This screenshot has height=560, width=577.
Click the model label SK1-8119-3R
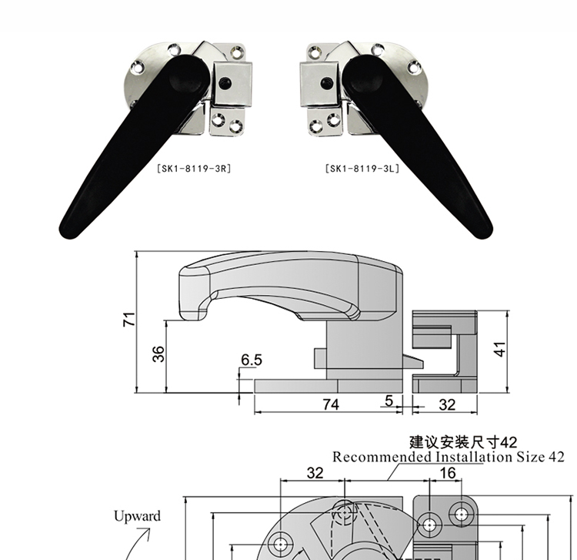pos(189,166)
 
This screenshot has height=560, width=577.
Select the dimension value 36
pos(158,355)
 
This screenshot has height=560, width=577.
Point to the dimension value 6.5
pos(251,360)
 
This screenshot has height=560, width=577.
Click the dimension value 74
pos(330,404)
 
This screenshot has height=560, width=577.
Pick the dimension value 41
pos(500,348)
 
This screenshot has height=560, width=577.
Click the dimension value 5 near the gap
pos(389,401)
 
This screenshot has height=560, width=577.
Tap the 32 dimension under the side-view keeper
pos(446,404)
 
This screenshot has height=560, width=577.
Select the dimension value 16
pos(448,473)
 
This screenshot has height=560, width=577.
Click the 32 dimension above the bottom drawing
pos(315,473)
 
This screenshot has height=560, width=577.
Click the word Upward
pos(137,516)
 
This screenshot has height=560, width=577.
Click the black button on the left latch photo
pos(225,82)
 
